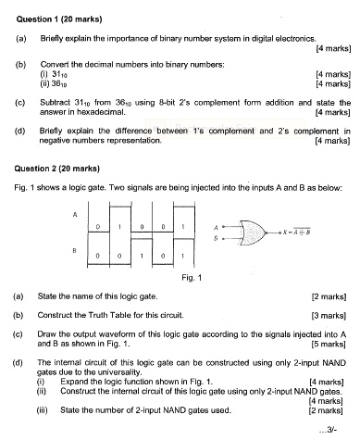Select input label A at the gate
click(216, 225)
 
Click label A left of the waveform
click(74, 213)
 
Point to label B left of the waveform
click(74, 251)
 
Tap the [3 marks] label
click(331, 316)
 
